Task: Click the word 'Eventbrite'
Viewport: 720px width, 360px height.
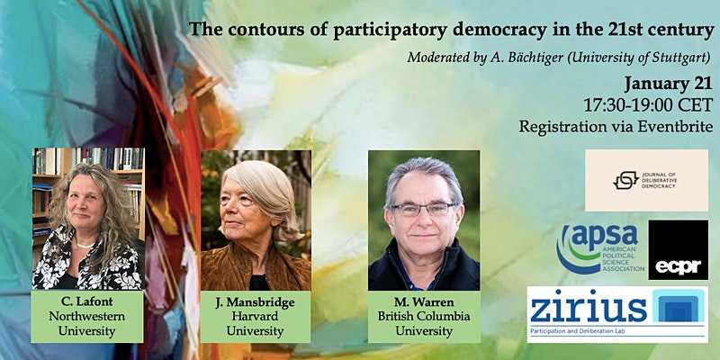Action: coord(675,126)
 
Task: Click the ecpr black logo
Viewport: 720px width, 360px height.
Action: coord(678,250)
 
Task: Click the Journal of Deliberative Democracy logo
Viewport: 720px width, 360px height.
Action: coord(646,180)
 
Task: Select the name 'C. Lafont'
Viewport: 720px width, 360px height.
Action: coord(87,301)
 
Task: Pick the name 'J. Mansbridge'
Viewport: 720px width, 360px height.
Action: coord(256,301)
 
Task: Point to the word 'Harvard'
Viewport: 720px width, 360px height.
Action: coord(256,316)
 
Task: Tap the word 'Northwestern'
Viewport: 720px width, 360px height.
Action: coord(87,316)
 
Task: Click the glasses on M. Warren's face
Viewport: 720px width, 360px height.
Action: coord(423,209)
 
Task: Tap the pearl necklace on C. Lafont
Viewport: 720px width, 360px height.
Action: coord(85,244)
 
